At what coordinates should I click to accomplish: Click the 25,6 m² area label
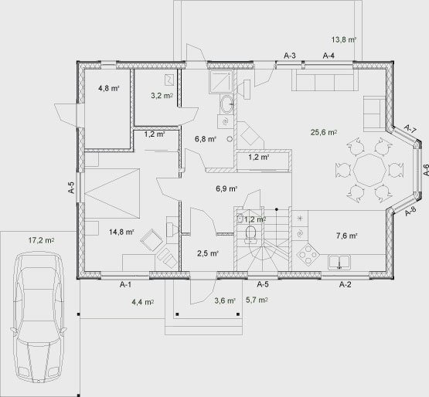(x=324, y=132)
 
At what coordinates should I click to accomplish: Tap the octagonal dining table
(x=369, y=171)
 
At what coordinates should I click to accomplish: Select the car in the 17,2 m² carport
(x=39, y=317)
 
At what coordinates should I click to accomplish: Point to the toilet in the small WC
(x=250, y=235)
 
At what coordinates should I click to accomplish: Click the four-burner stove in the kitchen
(x=308, y=255)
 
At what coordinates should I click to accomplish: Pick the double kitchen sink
(x=339, y=262)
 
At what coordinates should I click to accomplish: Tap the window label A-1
(x=125, y=285)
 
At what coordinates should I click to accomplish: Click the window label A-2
(x=345, y=285)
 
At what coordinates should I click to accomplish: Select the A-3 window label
(x=289, y=56)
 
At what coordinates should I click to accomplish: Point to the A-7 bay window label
(x=410, y=129)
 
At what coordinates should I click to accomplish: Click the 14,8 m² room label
(x=121, y=232)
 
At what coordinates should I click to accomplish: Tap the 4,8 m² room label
(x=109, y=88)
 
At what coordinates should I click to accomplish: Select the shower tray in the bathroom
(x=221, y=82)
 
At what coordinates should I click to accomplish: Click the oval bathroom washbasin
(x=226, y=104)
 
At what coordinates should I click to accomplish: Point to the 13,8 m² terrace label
(x=344, y=39)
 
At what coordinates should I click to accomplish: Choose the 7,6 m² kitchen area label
(x=346, y=236)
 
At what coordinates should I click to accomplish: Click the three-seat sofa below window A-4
(x=325, y=80)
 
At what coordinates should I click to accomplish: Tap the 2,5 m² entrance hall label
(x=208, y=253)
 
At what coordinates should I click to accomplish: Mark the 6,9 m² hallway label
(x=226, y=188)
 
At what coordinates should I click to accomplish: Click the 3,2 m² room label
(x=162, y=96)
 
